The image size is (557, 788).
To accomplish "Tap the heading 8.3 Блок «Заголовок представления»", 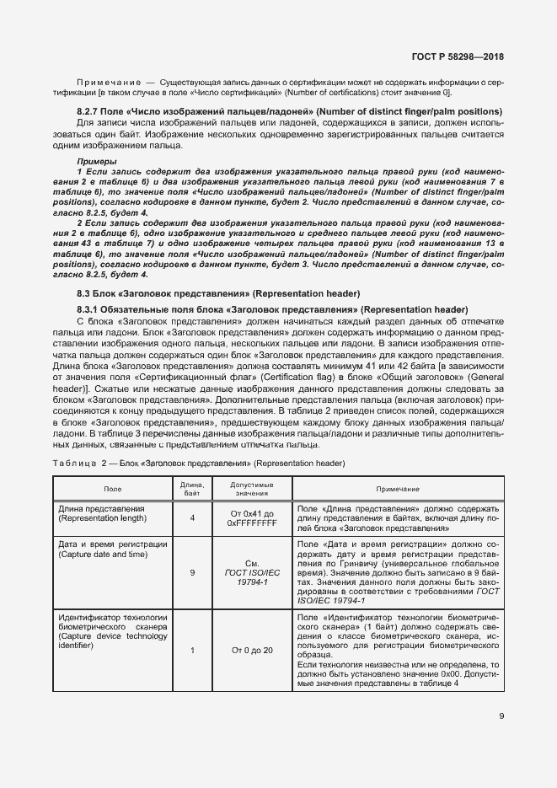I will tap(217, 293).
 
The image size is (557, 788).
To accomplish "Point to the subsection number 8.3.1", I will tap(90, 310).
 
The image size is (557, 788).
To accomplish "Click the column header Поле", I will tap(112, 489).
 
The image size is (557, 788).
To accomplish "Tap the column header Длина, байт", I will tap(192, 489).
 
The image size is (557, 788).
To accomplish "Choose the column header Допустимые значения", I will tap(252, 489).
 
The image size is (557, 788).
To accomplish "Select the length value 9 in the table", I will tap(192, 571).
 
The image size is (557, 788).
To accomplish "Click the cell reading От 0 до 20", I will tap(252, 650).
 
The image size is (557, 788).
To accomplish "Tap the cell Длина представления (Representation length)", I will tap(101, 514).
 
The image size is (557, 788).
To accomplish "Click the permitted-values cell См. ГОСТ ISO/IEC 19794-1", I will tap(252, 571).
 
